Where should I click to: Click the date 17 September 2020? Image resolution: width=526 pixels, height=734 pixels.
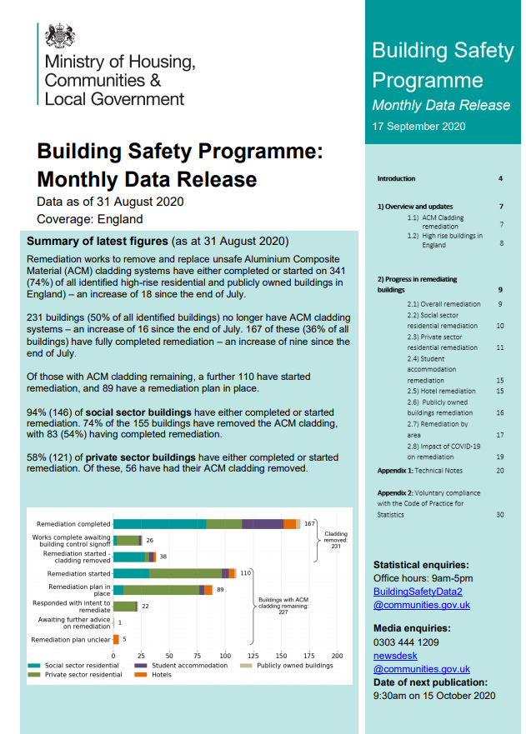pos(418,127)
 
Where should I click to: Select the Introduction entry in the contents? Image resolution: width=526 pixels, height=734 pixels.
pos(396,179)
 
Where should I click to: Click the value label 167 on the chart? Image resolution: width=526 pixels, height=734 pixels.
pos(309,524)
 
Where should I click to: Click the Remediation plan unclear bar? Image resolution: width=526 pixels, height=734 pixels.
pos(116,639)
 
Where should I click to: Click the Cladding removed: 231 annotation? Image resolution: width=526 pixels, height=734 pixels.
pos(336,540)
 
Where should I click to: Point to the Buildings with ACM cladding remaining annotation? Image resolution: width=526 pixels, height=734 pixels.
pos(283,603)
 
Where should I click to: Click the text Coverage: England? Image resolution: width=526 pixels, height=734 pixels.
pos(90,220)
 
